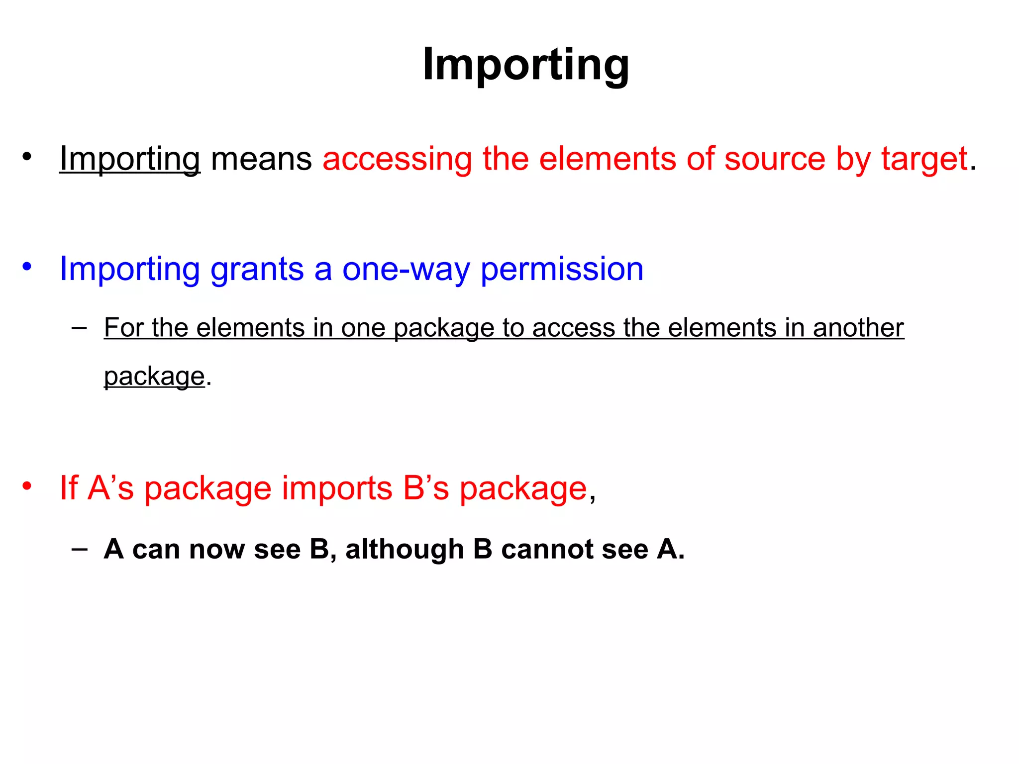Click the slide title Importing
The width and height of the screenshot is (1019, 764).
point(526,65)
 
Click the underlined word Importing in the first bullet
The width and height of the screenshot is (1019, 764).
point(130,159)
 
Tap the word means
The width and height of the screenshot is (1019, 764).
point(261,159)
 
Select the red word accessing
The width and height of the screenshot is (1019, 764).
point(397,159)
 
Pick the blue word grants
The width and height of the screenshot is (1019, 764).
point(257,269)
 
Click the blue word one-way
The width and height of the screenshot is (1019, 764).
point(406,269)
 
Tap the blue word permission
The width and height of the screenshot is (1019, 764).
point(562,269)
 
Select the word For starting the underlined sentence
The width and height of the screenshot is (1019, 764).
point(123,328)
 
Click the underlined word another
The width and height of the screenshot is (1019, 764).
point(858,328)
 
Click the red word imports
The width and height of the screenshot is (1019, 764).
point(337,488)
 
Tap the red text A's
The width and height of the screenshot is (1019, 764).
point(110,488)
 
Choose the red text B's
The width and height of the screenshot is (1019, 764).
point(426,488)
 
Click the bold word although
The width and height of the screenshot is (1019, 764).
point(405,549)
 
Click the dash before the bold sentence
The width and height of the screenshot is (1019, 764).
point(79,549)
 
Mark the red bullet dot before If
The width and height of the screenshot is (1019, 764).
point(27,485)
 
